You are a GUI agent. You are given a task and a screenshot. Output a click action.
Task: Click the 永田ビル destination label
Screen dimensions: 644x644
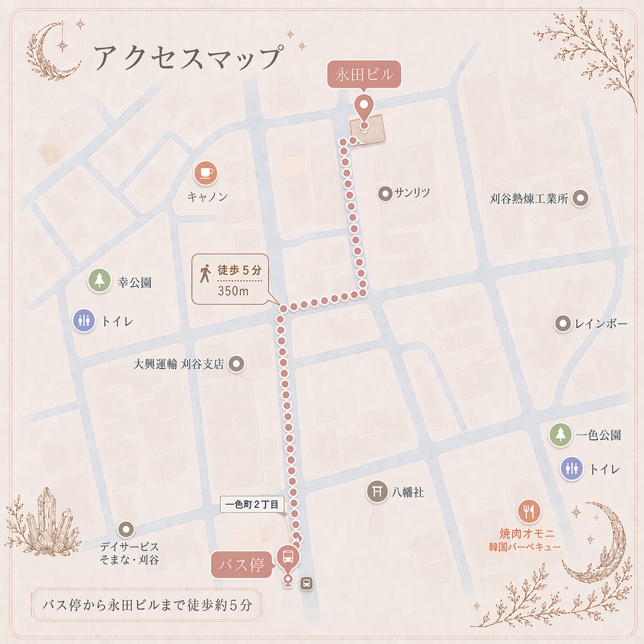coord(364,75)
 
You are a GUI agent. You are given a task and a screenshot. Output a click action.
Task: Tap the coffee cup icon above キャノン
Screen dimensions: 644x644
coord(206,173)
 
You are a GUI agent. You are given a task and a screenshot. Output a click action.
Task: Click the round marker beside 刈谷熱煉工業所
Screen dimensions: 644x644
coord(580,198)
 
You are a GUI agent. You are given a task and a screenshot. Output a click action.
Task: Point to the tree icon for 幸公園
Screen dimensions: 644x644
coord(100,280)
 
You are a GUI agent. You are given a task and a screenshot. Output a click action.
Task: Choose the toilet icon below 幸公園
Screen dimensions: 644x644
coord(84,321)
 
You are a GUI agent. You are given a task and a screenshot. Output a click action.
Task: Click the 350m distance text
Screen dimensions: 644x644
coord(233,291)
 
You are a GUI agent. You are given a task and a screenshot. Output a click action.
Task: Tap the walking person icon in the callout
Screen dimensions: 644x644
coord(205,273)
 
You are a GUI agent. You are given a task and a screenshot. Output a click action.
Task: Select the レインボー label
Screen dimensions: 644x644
coord(601,324)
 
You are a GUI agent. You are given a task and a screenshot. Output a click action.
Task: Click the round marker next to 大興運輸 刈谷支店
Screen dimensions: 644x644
coord(236,364)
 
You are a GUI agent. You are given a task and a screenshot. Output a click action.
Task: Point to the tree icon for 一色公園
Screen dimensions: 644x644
coord(560,434)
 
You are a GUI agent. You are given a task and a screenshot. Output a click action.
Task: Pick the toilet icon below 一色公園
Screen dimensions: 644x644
coord(572,468)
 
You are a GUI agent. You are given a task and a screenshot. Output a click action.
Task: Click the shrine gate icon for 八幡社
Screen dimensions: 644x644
coord(377,491)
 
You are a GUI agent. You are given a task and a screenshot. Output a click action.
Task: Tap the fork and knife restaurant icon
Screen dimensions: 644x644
coord(528,511)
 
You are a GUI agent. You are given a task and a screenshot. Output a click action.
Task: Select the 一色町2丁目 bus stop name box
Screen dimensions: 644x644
coord(252,504)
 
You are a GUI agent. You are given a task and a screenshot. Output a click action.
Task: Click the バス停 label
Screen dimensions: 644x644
coord(241,565)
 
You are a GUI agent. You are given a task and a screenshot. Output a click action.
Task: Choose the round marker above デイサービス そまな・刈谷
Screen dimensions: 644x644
coord(126,529)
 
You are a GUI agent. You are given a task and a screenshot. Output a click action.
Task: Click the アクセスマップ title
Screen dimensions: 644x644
coord(188,57)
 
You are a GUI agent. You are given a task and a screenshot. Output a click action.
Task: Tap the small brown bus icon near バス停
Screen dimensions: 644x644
coord(307,583)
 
